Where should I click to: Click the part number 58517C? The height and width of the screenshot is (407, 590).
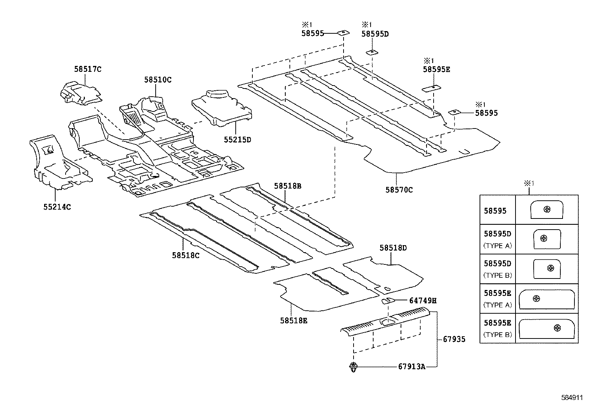(x=88, y=69)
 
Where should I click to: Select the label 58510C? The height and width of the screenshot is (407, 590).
(x=158, y=80)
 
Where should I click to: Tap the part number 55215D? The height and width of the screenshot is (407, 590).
(x=238, y=139)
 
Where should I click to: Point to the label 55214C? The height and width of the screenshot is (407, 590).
(x=57, y=207)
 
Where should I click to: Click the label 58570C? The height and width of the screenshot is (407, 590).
(x=399, y=190)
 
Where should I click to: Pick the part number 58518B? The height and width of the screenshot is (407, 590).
(x=288, y=186)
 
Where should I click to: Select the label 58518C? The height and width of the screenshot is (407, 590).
(x=186, y=255)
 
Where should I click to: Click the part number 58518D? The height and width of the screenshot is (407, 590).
(x=393, y=248)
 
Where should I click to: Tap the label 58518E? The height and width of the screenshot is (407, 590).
(x=294, y=321)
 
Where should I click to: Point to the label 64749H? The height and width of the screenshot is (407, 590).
(x=423, y=301)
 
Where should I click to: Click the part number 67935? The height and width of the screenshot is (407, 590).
(x=454, y=339)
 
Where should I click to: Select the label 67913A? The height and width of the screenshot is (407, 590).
(x=412, y=367)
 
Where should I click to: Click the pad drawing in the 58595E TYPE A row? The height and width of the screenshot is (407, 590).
(x=547, y=299)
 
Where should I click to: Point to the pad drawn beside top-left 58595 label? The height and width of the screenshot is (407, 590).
(x=343, y=33)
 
